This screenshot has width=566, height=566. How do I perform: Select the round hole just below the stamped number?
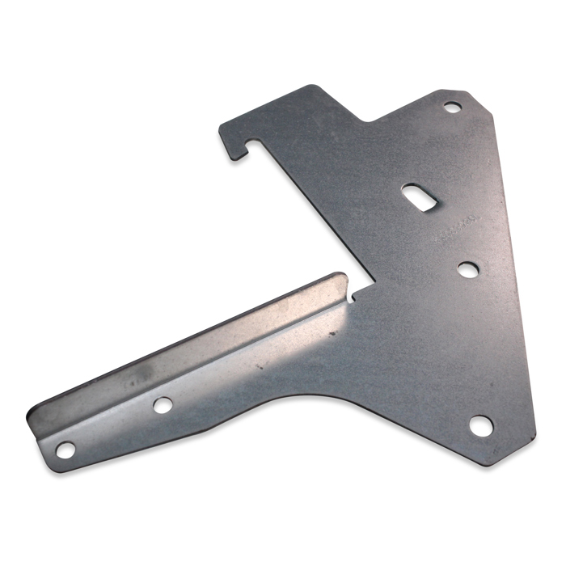click(467, 269)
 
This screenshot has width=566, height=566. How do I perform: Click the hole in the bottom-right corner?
click(481, 424)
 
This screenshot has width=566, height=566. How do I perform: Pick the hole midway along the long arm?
click(163, 404)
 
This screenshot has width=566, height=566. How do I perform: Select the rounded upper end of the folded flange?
click(340, 279)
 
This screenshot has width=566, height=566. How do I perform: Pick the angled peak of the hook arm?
click(309, 87)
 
